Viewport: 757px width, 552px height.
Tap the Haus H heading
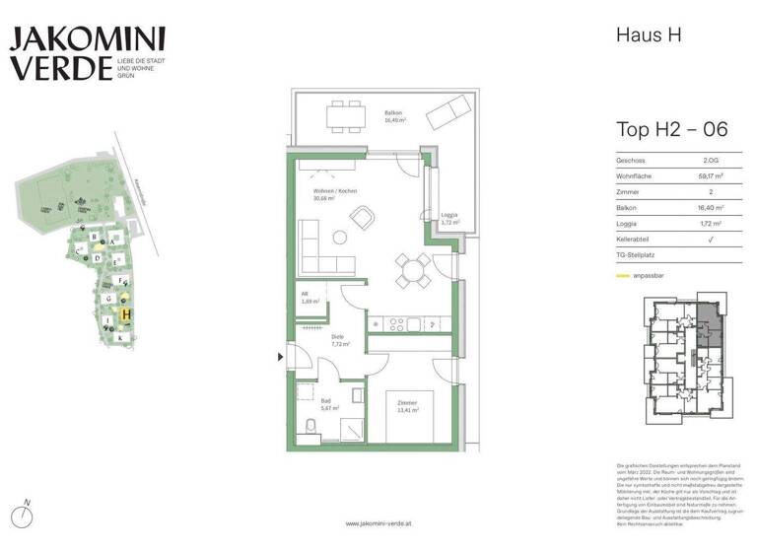pyautogui.click(x=647, y=35)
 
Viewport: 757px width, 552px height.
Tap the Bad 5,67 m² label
pyautogui.click(x=329, y=404)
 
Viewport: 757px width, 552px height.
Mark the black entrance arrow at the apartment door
pyautogui.click(x=282, y=356)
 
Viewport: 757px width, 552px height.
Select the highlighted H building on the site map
pyautogui.click(x=126, y=315)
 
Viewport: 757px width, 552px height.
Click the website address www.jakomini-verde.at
pyautogui.click(x=378, y=523)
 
